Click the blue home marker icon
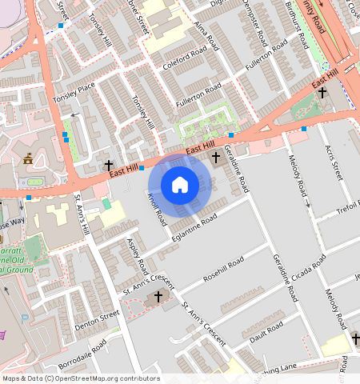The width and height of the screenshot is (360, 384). [180, 185]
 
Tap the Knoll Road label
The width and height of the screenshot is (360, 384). [158, 206]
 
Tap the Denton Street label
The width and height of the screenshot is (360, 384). [97, 319]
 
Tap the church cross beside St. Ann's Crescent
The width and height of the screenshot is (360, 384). [158, 297]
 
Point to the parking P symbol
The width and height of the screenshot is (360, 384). [26, 318]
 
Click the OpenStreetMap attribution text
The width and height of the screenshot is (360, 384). [80, 378]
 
